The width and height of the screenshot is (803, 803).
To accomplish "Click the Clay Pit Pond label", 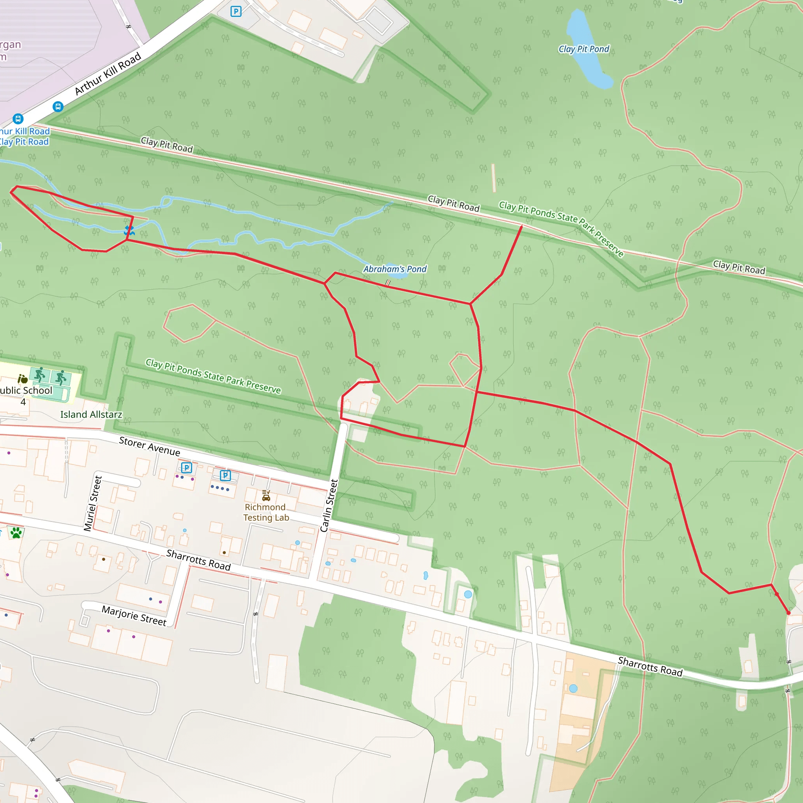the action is [x=583, y=49].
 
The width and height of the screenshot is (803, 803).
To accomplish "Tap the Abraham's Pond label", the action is [x=394, y=269].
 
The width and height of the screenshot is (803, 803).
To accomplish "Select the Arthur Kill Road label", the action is [x=108, y=74].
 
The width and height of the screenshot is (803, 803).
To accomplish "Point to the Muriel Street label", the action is [x=92, y=503].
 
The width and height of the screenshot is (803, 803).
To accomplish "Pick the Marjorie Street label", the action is [x=134, y=616].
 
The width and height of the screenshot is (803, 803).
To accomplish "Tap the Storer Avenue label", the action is [x=150, y=446].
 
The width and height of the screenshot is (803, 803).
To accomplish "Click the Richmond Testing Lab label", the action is [x=266, y=512].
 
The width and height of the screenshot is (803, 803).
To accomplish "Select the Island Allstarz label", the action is [x=91, y=414].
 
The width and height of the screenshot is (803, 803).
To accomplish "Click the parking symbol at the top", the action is [x=236, y=11].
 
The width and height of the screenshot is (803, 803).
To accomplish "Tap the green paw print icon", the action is [x=16, y=533].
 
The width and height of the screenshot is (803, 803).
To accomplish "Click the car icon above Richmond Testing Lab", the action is [x=266, y=496].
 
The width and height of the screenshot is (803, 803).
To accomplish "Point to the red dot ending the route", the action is [x=788, y=613].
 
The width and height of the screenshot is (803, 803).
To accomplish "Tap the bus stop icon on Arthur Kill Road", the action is [x=58, y=107].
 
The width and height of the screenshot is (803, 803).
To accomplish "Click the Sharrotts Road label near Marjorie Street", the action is [x=198, y=560].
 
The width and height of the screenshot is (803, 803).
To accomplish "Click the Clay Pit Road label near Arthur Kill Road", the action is [x=167, y=145].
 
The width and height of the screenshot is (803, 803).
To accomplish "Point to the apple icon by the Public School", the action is [x=22, y=379].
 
